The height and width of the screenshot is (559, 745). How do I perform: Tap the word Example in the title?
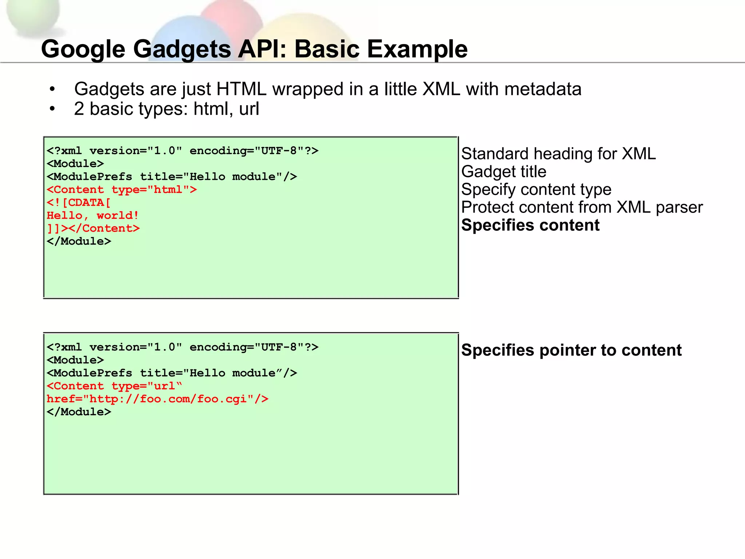(417, 49)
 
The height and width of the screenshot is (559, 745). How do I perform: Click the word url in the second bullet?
(249, 109)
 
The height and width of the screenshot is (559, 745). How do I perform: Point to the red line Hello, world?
(93, 215)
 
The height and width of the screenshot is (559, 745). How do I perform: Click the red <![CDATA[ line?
(79, 202)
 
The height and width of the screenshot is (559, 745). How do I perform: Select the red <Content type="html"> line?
(122, 190)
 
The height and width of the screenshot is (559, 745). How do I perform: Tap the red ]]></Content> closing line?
(93, 229)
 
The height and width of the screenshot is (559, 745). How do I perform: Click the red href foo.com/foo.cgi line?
(158, 399)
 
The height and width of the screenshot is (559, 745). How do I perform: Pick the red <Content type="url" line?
(114, 386)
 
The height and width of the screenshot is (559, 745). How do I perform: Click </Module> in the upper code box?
(79, 241)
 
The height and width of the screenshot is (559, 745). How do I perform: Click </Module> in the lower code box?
(79, 412)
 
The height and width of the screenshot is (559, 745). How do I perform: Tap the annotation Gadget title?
(503, 171)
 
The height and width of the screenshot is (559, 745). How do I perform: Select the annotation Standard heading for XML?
(558, 154)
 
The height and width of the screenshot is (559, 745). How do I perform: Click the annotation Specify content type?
(536, 189)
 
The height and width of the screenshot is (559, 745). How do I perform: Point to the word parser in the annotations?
(679, 207)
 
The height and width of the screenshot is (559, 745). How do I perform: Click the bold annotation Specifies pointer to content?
(571, 350)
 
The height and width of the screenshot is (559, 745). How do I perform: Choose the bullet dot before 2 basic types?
(52, 109)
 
